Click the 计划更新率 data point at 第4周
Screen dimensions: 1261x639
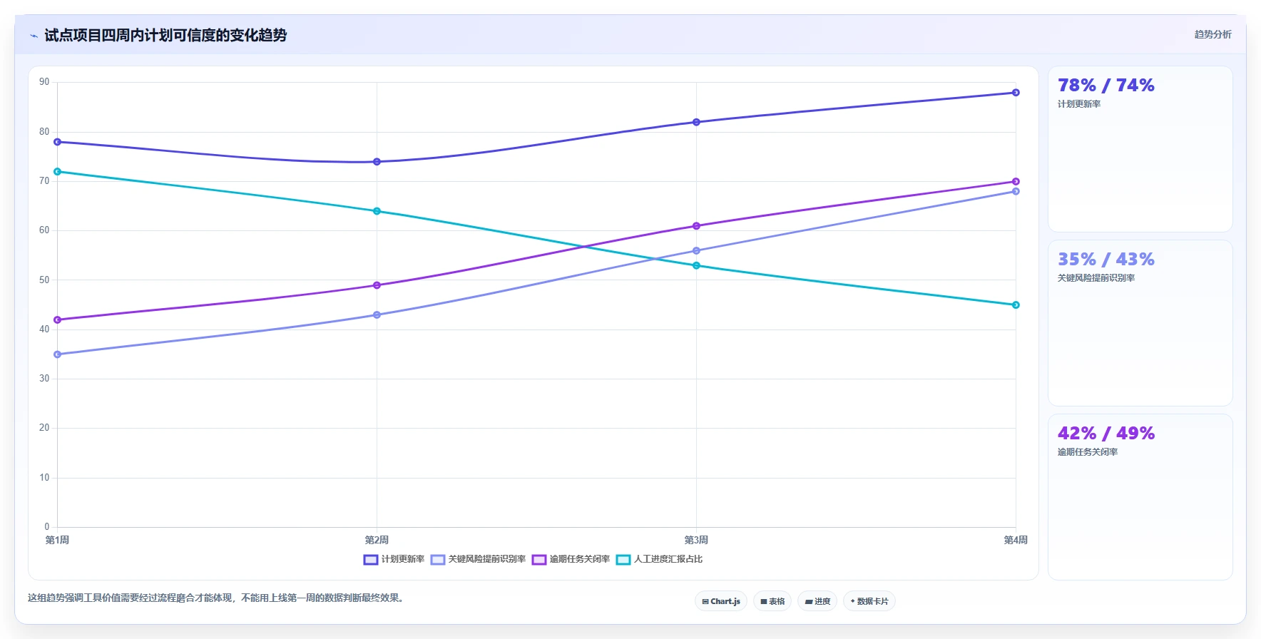(x=1016, y=93)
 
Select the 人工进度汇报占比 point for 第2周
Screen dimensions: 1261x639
(x=377, y=211)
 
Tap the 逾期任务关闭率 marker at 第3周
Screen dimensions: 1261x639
(x=696, y=226)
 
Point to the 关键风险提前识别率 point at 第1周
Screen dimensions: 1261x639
(x=57, y=354)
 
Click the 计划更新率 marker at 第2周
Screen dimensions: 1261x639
(x=377, y=162)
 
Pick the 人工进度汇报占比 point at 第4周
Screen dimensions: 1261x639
(x=1016, y=305)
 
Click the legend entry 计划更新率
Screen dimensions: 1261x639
(x=394, y=559)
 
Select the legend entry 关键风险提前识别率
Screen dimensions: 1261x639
(x=478, y=559)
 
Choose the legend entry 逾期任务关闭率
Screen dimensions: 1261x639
(x=571, y=559)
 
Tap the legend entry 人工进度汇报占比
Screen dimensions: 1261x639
(x=659, y=559)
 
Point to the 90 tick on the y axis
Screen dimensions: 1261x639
(x=44, y=82)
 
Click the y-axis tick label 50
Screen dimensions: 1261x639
(x=44, y=280)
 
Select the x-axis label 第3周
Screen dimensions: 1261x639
(x=696, y=540)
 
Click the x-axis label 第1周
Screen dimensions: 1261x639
(x=57, y=540)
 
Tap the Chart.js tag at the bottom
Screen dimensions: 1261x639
(x=721, y=601)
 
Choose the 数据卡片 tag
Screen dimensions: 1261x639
(x=869, y=601)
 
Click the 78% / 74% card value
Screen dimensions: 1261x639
(x=1106, y=86)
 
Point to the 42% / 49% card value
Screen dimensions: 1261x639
(x=1106, y=434)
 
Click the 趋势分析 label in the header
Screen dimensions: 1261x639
(x=1212, y=34)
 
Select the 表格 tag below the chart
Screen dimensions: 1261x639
(x=772, y=601)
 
